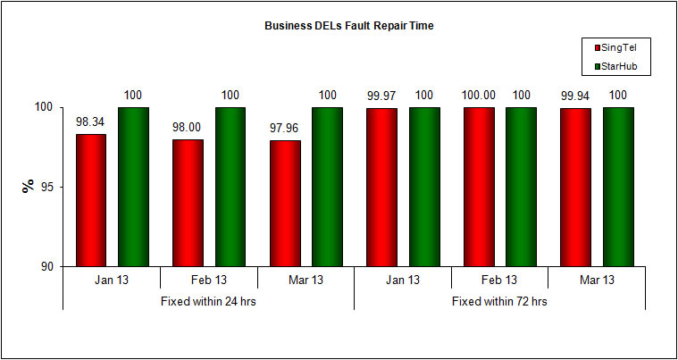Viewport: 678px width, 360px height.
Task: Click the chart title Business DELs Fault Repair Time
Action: pos(348,26)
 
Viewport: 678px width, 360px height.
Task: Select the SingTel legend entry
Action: pos(615,46)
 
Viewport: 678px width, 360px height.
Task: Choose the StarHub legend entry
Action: pos(615,65)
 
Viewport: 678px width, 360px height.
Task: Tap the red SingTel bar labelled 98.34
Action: pos(90,200)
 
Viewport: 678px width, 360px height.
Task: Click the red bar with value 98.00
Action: pos(188,203)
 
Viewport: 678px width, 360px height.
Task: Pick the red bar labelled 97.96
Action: pos(284,204)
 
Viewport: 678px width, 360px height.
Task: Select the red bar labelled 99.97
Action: pos(381,188)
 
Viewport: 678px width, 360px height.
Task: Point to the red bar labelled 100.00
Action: pos(478,187)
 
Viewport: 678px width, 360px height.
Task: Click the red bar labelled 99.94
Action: pos(575,188)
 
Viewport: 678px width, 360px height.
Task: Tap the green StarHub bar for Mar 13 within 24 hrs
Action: pos(327,187)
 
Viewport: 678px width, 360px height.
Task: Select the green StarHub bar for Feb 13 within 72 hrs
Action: pos(521,187)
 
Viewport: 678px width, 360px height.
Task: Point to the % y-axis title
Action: pos(27,186)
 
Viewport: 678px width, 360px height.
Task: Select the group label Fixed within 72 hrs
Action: pos(499,301)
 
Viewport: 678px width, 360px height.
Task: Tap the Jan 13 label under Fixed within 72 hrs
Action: pos(403,280)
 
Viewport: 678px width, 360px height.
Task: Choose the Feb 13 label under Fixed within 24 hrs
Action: pos(208,280)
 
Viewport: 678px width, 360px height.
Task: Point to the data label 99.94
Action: pos(575,96)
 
